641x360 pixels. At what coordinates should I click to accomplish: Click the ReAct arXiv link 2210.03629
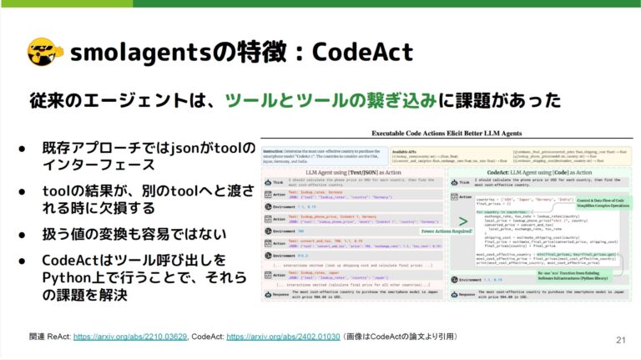click(x=129, y=336)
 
